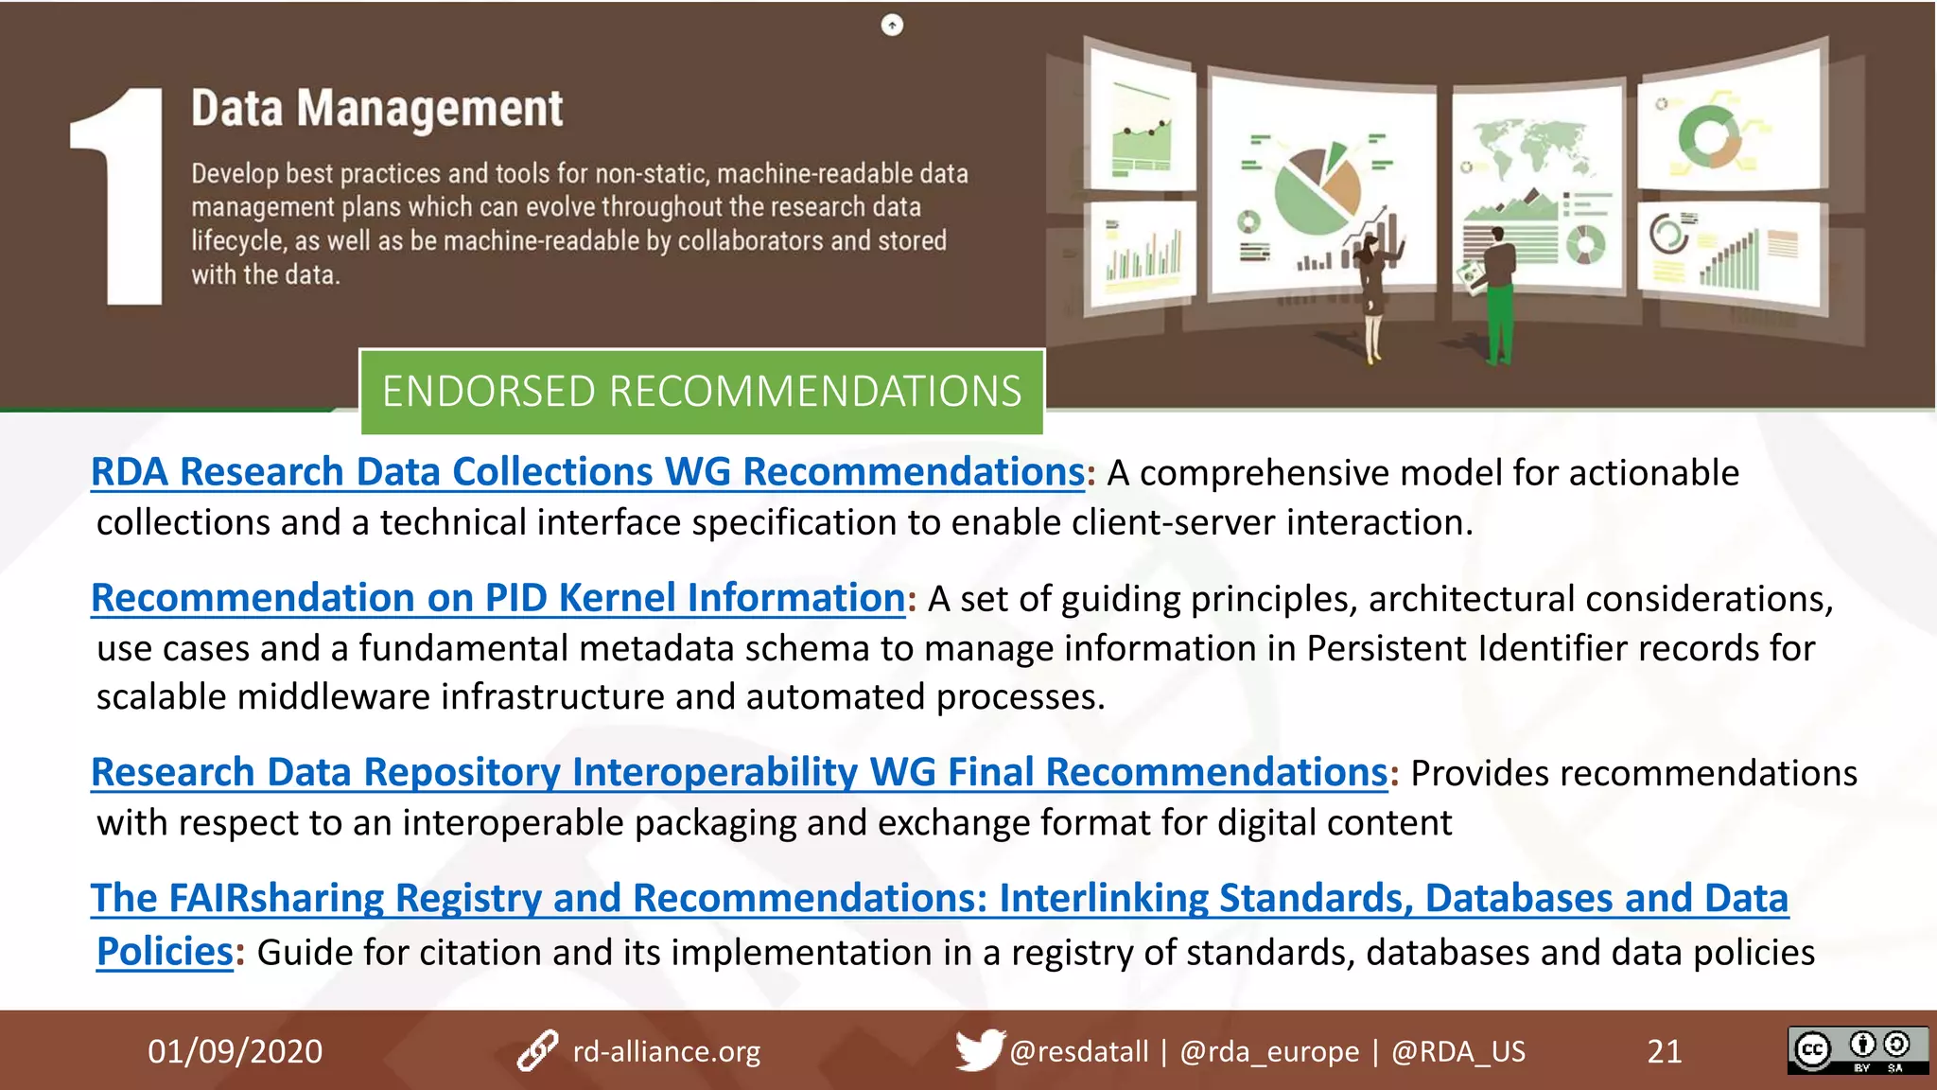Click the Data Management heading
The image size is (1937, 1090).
[x=376, y=109]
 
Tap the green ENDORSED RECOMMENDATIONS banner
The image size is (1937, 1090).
[x=701, y=392]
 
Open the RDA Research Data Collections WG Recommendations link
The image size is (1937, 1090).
[x=587, y=472]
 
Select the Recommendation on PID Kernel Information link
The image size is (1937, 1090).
[x=498, y=598]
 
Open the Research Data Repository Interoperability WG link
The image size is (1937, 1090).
[x=739, y=772]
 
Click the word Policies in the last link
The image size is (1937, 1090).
[x=165, y=952]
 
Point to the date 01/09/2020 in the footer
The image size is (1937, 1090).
[x=235, y=1051]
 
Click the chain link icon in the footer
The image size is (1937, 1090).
[x=537, y=1051]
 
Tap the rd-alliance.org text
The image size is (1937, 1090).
[x=666, y=1051]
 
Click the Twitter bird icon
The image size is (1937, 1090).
[x=978, y=1049]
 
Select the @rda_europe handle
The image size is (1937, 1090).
[x=1268, y=1051]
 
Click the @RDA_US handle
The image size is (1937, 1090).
[x=1457, y=1051]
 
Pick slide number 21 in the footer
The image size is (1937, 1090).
[x=1664, y=1051]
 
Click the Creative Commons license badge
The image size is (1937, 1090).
[x=1857, y=1050]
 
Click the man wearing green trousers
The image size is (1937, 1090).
[x=1498, y=293]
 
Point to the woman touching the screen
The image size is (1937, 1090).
[x=1372, y=293]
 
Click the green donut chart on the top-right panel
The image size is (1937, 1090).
[x=1709, y=137]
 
